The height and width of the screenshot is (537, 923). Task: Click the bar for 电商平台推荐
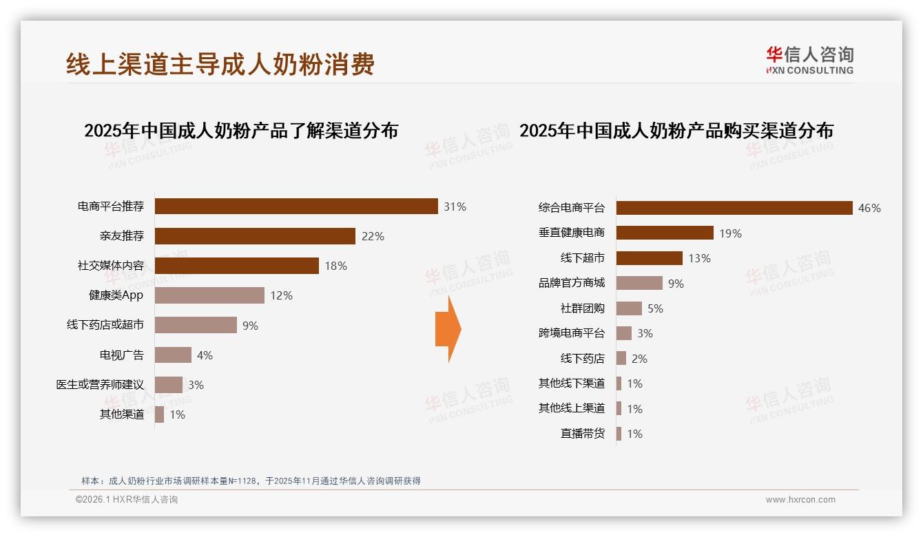pyautogui.click(x=296, y=207)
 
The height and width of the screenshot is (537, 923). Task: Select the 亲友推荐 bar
pyautogui.click(x=255, y=236)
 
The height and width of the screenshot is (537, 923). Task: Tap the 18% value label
pyautogui.click(x=335, y=266)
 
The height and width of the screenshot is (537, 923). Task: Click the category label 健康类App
pyautogui.click(x=116, y=295)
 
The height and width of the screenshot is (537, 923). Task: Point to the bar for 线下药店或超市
pyautogui.click(x=196, y=325)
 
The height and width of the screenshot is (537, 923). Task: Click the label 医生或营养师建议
pyautogui.click(x=100, y=385)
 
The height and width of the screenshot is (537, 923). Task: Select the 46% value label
pyautogui.click(x=869, y=208)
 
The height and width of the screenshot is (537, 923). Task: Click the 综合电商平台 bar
pyautogui.click(x=734, y=208)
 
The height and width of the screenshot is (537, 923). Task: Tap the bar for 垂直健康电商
pyautogui.click(x=665, y=233)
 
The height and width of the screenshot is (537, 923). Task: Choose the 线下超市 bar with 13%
pyautogui.click(x=649, y=258)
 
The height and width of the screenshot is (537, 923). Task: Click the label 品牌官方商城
pyautogui.click(x=571, y=283)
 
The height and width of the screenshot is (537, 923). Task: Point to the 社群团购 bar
pyautogui.click(x=629, y=308)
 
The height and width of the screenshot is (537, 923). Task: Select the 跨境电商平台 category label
pyautogui.click(x=571, y=333)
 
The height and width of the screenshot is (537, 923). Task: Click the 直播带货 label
pyautogui.click(x=582, y=434)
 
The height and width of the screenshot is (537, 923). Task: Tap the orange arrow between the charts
pyautogui.click(x=448, y=329)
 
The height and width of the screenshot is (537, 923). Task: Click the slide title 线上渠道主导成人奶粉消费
pyautogui.click(x=220, y=64)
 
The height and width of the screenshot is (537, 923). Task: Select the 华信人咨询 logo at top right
pyautogui.click(x=809, y=60)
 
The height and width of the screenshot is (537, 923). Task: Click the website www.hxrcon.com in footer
pyautogui.click(x=800, y=500)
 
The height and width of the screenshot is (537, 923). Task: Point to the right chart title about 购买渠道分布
pyautogui.click(x=676, y=131)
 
